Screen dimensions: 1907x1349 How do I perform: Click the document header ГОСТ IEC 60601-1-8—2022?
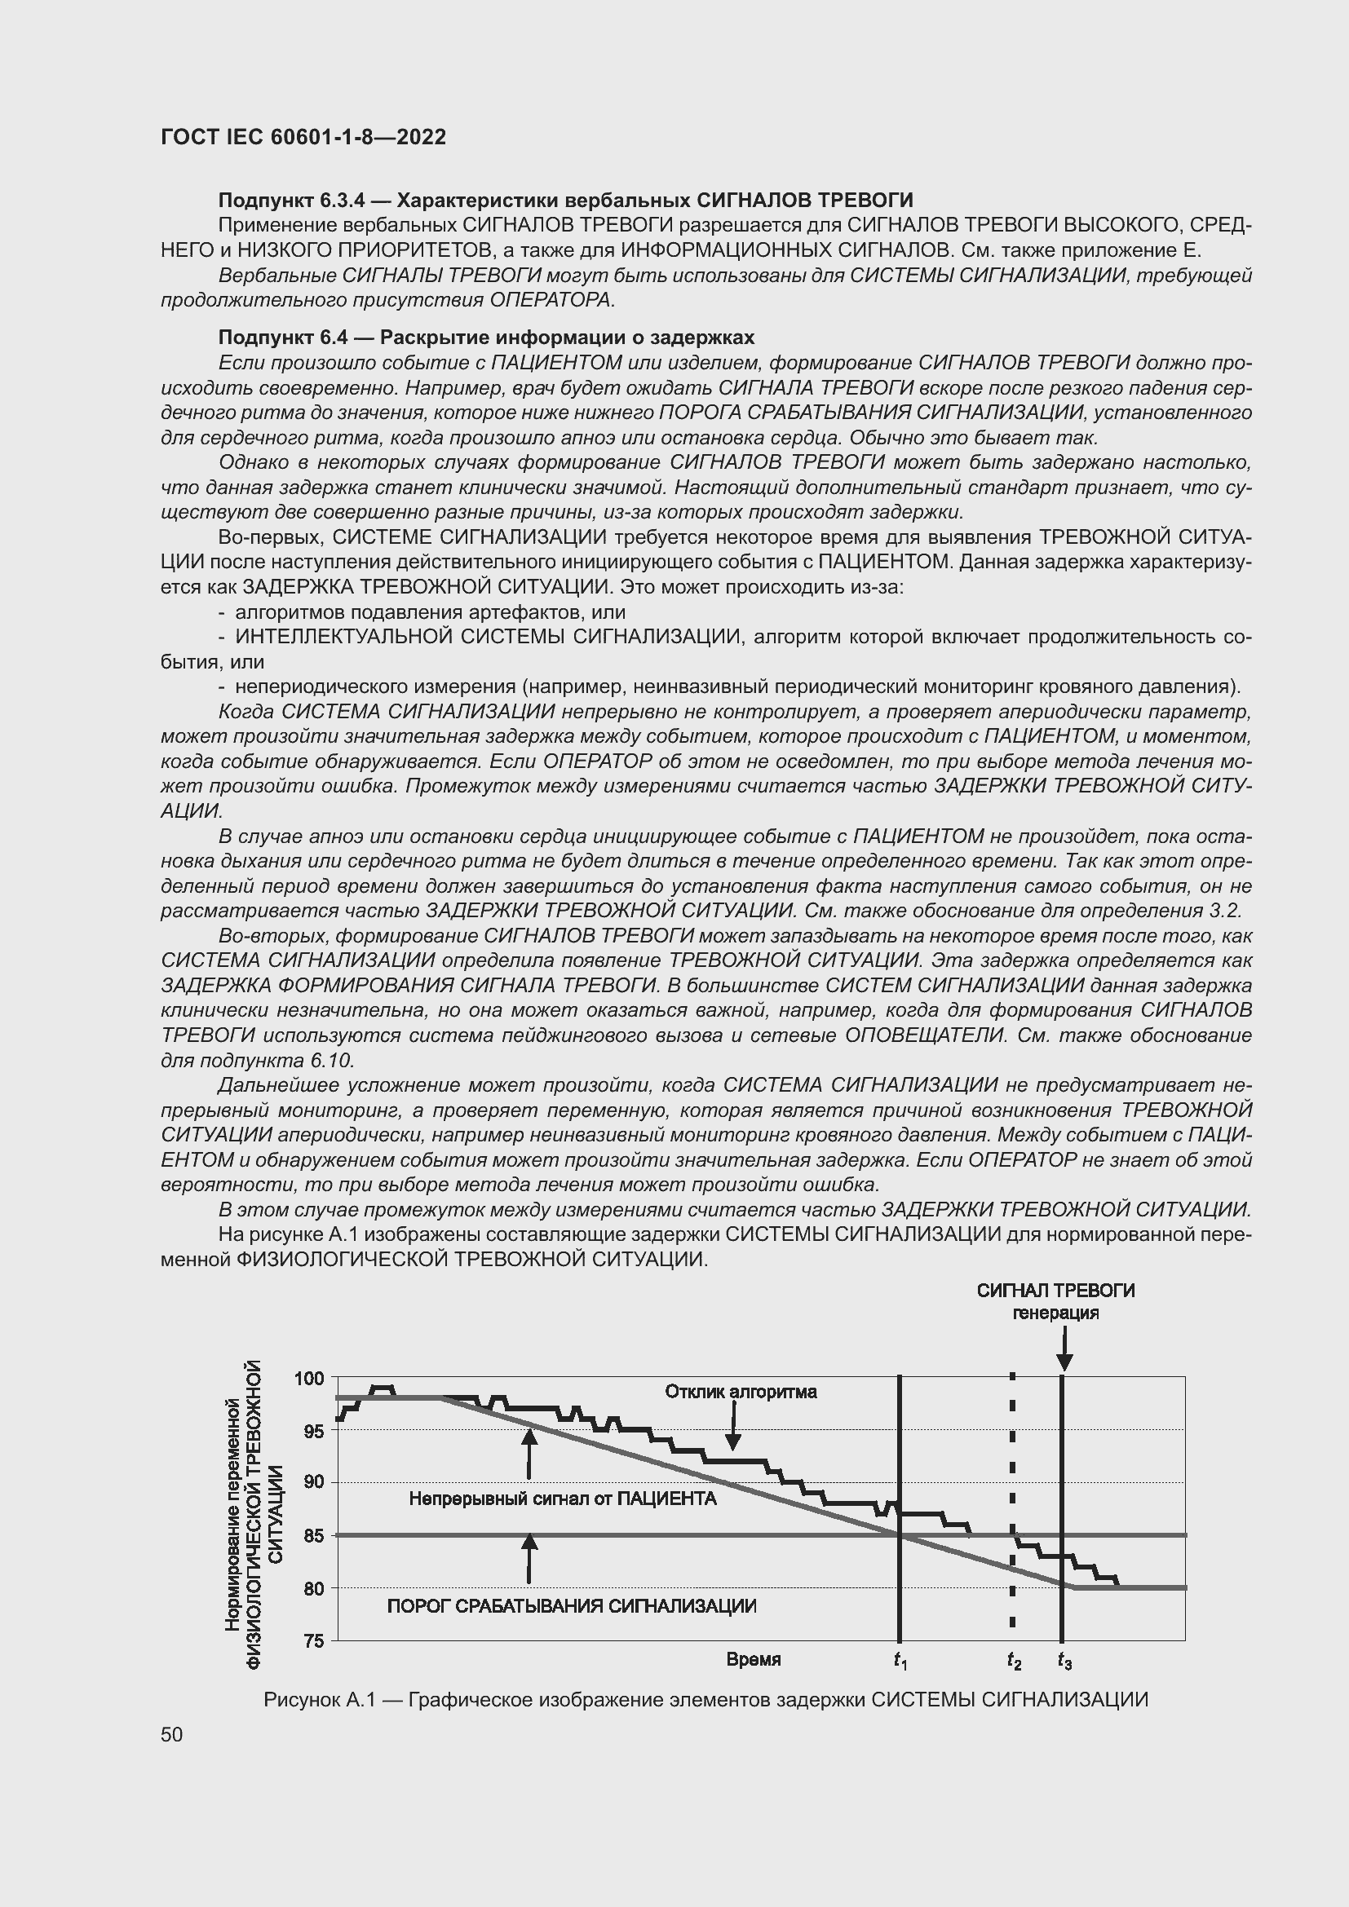pyautogui.click(x=303, y=137)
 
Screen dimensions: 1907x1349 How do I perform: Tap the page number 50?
pyautogui.click(x=172, y=1734)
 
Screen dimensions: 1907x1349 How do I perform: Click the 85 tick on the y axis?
pyautogui.click(x=313, y=1536)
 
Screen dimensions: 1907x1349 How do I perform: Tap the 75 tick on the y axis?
pyautogui.click(x=313, y=1641)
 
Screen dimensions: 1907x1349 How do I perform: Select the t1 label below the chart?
pyautogui.click(x=900, y=1661)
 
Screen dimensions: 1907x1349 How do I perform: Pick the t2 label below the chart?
pyautogui.click(x=1014, y=1661)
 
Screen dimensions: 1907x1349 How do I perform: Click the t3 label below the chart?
pyautogui.click(x=1064, y=1661)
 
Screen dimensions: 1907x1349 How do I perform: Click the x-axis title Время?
pyautogui.click(x=754, y=1659)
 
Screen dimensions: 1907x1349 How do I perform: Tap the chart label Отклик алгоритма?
pyautogui.click(x=740, y=1392)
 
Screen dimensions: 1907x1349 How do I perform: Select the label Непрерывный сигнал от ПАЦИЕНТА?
pyautogui.click(x=563, y=1499)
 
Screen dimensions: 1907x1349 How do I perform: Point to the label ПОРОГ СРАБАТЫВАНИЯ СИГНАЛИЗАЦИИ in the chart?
pyautogui.click(x=572, y=1606)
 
